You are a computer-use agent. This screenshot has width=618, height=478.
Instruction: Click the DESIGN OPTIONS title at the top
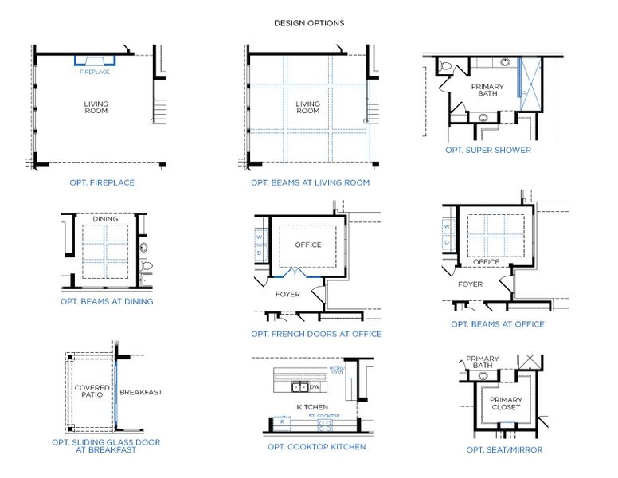[309, 23]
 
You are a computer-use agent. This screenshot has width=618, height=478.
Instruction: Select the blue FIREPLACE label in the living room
[95, 72]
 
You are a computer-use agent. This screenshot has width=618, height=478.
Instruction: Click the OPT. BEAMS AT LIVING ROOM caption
[310, 182]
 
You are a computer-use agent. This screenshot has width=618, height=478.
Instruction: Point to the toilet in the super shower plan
[446, 67]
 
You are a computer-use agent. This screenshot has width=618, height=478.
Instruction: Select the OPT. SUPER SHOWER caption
[488, 150]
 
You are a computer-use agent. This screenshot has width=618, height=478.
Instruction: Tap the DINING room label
[105, 218]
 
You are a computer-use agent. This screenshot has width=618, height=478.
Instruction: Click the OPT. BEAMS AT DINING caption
[107, 302]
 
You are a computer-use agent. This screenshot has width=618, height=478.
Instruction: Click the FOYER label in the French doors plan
[287, 294]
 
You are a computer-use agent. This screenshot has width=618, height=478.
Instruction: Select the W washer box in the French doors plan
[260, 237]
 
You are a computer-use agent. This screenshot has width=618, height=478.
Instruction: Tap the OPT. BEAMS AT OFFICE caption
[498, 324]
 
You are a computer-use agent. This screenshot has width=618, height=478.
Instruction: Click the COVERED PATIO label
[91, 392]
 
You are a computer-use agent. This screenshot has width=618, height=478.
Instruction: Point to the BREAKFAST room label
[140, 392]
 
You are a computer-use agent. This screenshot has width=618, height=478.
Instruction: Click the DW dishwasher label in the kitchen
[314, 387]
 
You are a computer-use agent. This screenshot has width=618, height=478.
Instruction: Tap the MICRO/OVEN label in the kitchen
[336, 370]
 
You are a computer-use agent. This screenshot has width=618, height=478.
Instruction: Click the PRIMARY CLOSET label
[505, 403]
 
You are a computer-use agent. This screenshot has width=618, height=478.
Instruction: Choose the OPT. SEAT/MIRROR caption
[504, 449]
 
